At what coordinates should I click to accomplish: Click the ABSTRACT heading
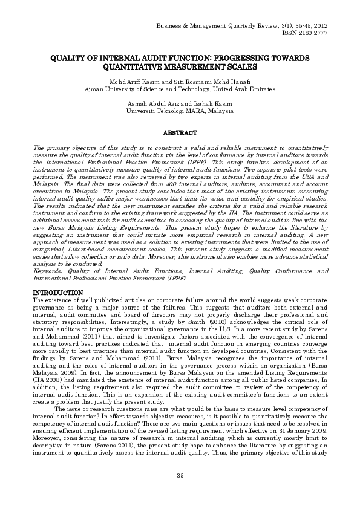coord(180,132)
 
